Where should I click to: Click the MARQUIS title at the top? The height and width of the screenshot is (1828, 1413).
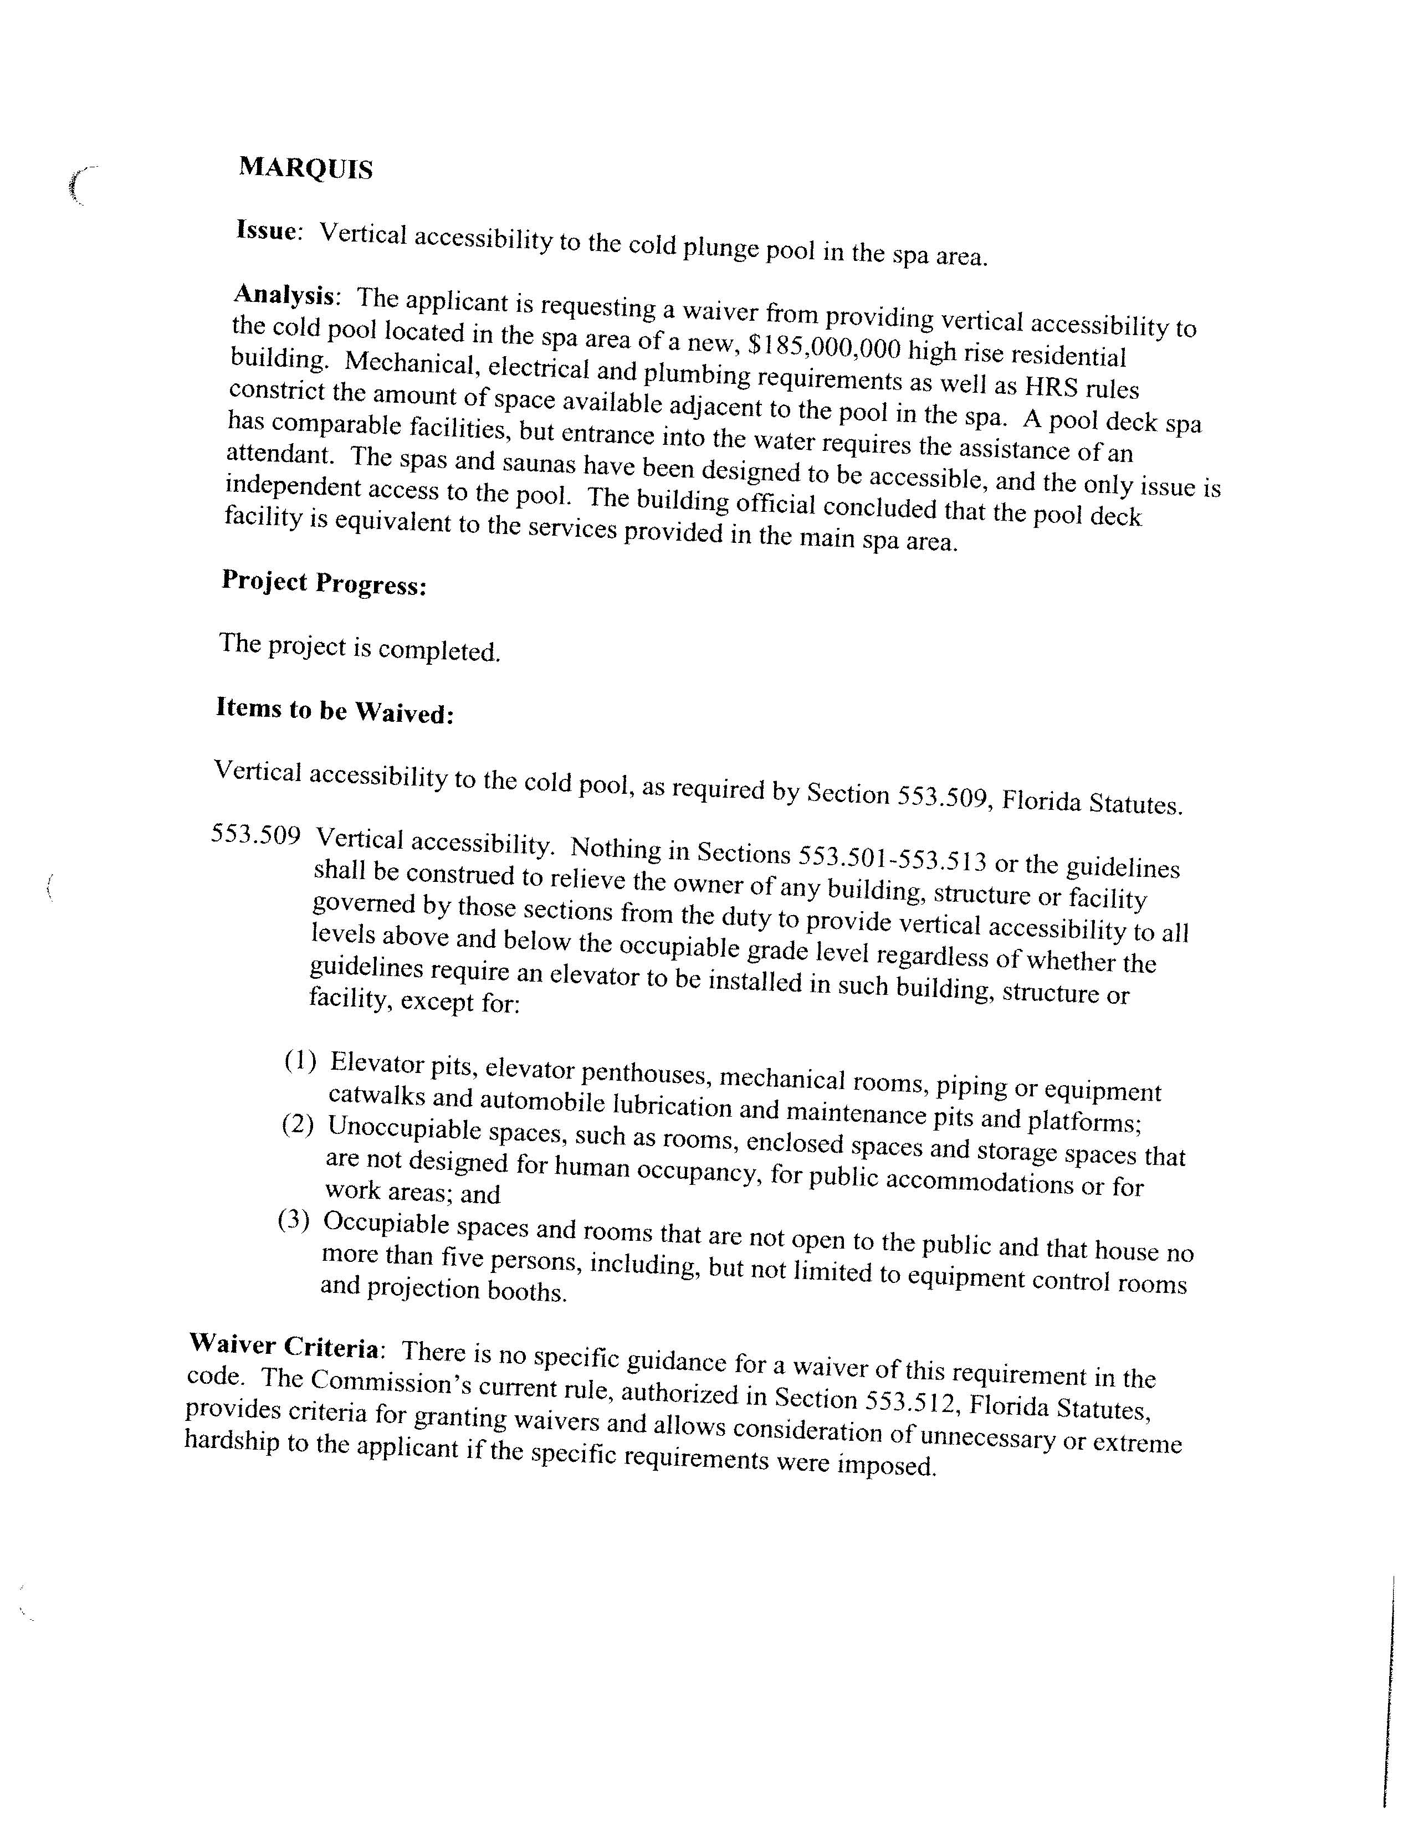tap(305, 169)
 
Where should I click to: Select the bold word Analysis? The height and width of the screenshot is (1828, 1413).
tap(285, 295)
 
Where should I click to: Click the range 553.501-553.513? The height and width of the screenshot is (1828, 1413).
tap(892, 858)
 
